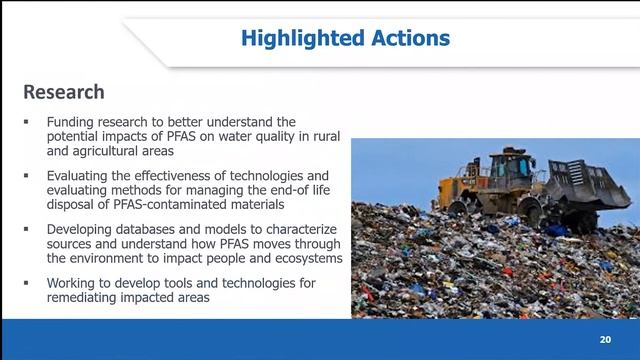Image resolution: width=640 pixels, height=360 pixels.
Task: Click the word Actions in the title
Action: click(x=407, y=39)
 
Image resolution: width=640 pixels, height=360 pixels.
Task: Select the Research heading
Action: click(x=64, y=92)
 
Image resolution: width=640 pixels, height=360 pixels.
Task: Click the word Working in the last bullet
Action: click(x=75, y=283)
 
